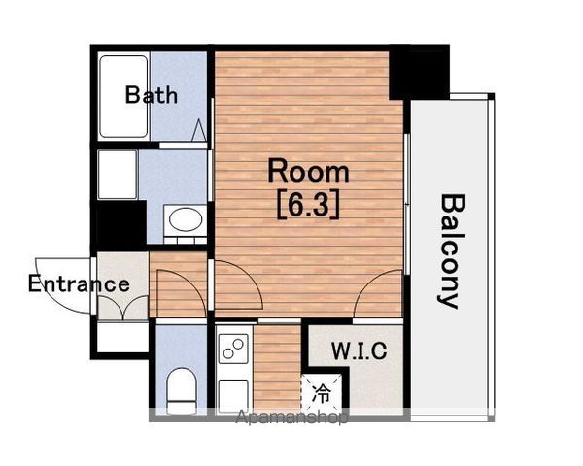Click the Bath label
tap(152, 95)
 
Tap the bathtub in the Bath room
tap(123, 97)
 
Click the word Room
tap(308, 171)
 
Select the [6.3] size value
tap(308, 205)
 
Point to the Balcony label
tap(452, 251)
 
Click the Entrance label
tap(79, 283)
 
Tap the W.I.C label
tap(359, 350)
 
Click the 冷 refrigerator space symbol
tap(322, 393)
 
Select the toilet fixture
tap(182, 390)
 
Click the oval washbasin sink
tap(186, 219)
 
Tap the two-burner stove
tap(233, 349)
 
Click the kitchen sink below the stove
tap(233, 395)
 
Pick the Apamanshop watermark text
tap(291, 416)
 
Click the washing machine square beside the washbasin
tap(118, 175)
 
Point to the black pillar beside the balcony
tap(419, 73)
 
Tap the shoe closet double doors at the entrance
tap(122, 307)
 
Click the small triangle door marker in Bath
tap(199, 130)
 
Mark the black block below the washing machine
tap(119, 222)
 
